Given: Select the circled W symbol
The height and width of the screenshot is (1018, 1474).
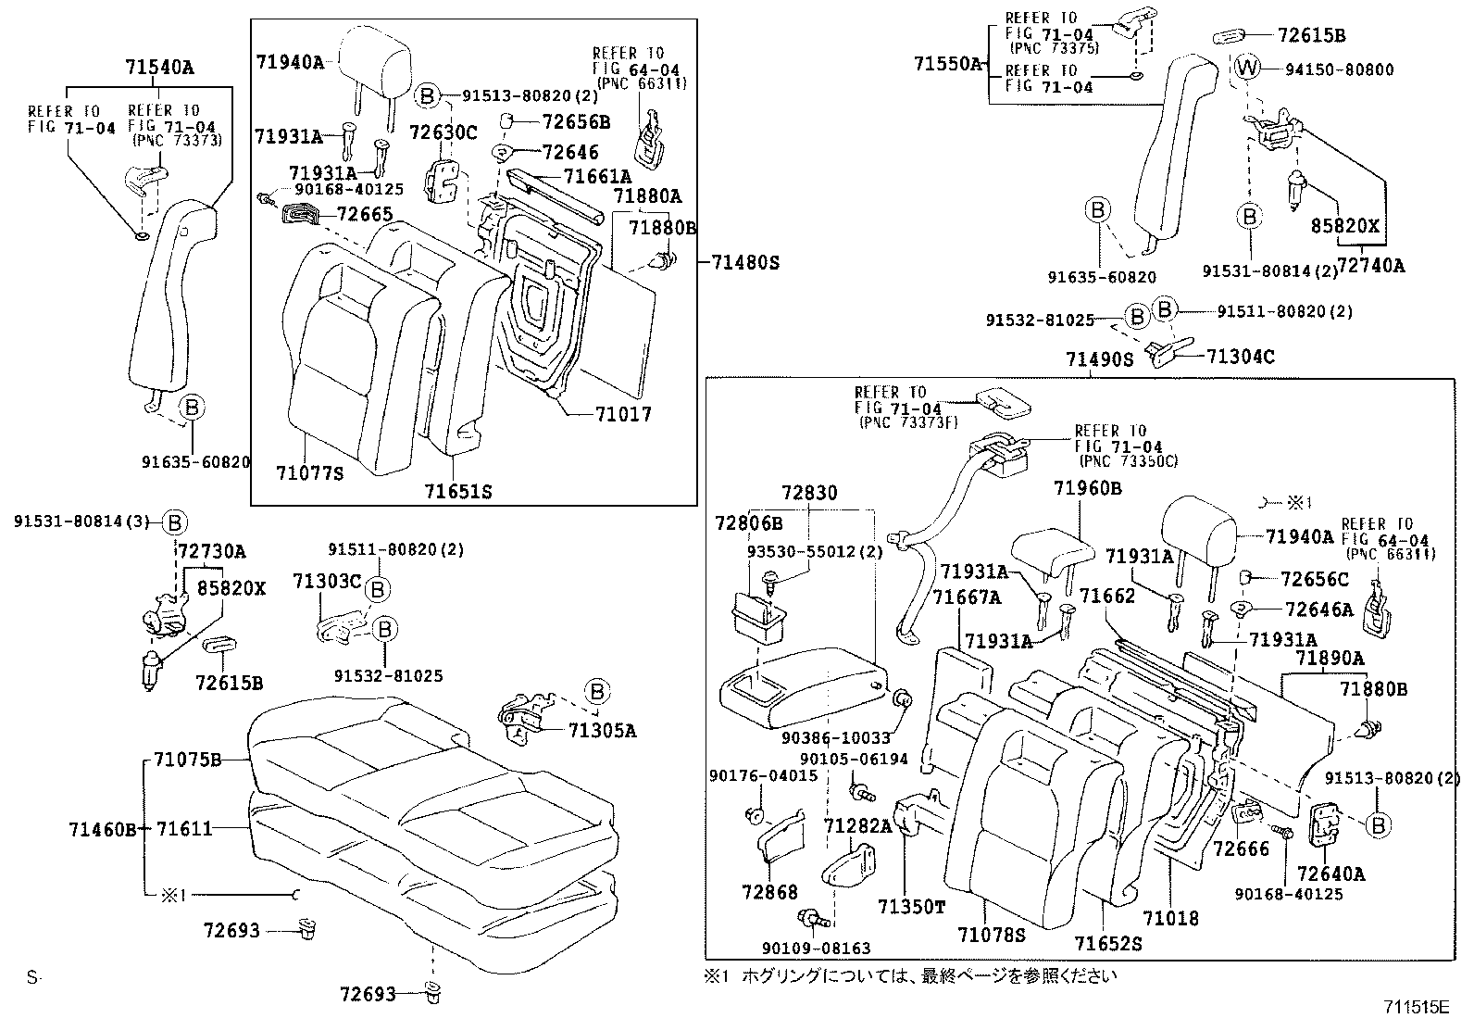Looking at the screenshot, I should click(x=1247, y=68).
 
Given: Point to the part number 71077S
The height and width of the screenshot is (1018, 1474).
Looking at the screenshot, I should click(x=309, y=473).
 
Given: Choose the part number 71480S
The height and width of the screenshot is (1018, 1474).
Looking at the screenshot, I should click(x=745, y=262).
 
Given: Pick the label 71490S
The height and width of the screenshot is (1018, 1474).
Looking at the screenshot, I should click(x=1099, y=359).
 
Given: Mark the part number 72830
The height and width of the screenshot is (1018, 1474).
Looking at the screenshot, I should click(x=808, y=493).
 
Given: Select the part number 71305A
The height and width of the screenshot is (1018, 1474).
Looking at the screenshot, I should click(x=604, y=731).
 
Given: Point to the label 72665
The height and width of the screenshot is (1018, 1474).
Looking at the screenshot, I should click(x=366, y=215).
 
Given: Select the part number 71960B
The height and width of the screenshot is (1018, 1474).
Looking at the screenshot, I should click(x=1087, y=488).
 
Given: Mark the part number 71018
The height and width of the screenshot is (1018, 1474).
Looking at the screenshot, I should click(x=1170, y=918).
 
